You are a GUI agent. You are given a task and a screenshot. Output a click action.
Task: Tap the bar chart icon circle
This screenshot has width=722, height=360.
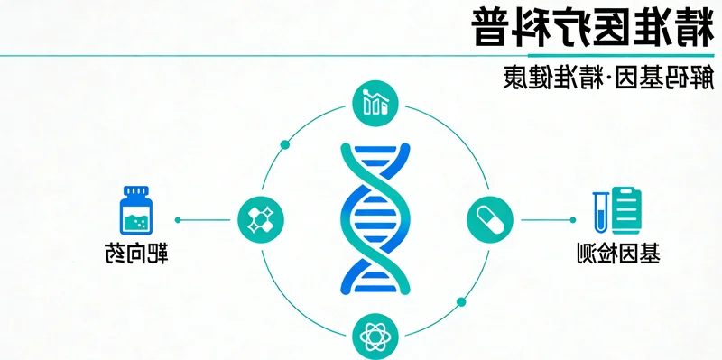coord(375,103)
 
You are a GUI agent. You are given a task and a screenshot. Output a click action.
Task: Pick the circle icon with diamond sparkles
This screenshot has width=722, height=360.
coord(260,218)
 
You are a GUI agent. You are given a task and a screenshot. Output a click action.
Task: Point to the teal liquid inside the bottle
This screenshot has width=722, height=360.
coord(136,222)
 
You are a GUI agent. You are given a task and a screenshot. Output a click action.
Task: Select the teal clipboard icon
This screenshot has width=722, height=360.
coord(625,209)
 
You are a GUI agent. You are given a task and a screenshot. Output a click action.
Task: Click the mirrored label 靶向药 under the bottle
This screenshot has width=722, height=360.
coord(135,254)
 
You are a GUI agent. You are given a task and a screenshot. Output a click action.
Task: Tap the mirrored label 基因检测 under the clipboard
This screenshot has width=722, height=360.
coord(616,254)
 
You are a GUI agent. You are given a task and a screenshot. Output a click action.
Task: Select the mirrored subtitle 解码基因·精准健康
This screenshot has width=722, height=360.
coord(606,78)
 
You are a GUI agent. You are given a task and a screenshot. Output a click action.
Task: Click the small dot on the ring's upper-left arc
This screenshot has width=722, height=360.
coord(286,143)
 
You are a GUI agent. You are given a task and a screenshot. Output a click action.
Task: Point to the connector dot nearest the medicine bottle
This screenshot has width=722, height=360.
coord(178,219)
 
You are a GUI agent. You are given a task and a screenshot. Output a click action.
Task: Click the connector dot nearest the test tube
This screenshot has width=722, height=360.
coord(573,219)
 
